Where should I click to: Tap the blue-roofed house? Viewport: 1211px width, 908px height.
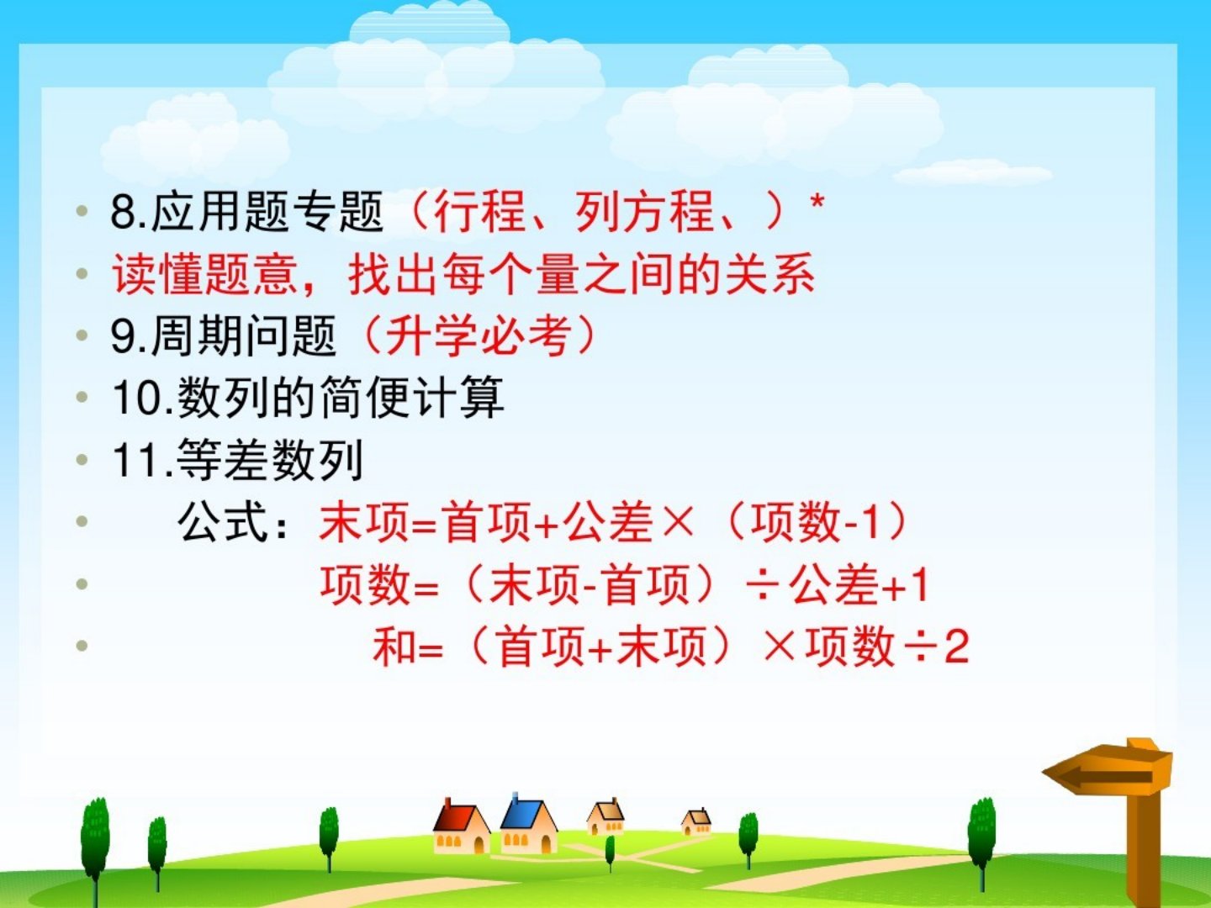529,823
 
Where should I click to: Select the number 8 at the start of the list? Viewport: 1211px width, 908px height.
122,211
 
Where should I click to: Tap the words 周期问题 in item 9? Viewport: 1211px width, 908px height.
244,335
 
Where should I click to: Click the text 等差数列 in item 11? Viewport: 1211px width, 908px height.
270,460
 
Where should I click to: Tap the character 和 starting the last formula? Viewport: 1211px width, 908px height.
394,647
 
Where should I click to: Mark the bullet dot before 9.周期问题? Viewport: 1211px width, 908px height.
82,335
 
